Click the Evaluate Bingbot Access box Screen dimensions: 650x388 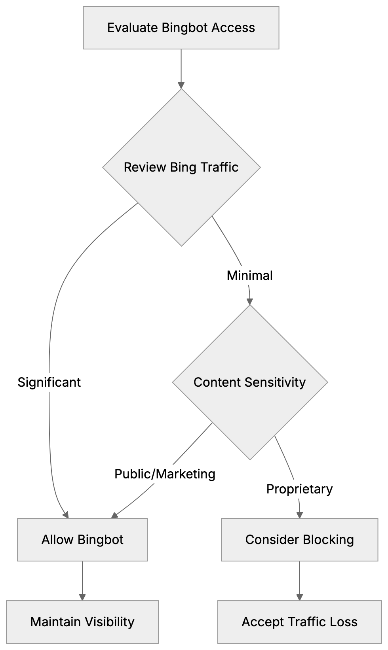181,28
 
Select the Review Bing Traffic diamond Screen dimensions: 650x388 181,167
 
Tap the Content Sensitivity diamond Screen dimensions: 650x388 250,382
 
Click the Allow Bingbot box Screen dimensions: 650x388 82,540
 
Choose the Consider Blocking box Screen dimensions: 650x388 299,540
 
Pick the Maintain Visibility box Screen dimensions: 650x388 82,622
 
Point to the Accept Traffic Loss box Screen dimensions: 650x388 299,622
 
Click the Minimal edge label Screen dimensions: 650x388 250,276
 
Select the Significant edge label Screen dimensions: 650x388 49,382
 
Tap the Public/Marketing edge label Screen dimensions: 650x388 165,474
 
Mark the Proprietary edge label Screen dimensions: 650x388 299,489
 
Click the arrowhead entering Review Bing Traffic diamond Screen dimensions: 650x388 181,85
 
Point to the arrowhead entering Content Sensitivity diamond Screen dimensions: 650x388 250,301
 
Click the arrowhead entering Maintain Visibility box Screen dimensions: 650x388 82,597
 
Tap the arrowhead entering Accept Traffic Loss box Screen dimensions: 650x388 299,597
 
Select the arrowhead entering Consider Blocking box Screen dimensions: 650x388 299,515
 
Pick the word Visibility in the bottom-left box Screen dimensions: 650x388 109,622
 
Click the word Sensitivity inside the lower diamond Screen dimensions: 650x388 275,382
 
